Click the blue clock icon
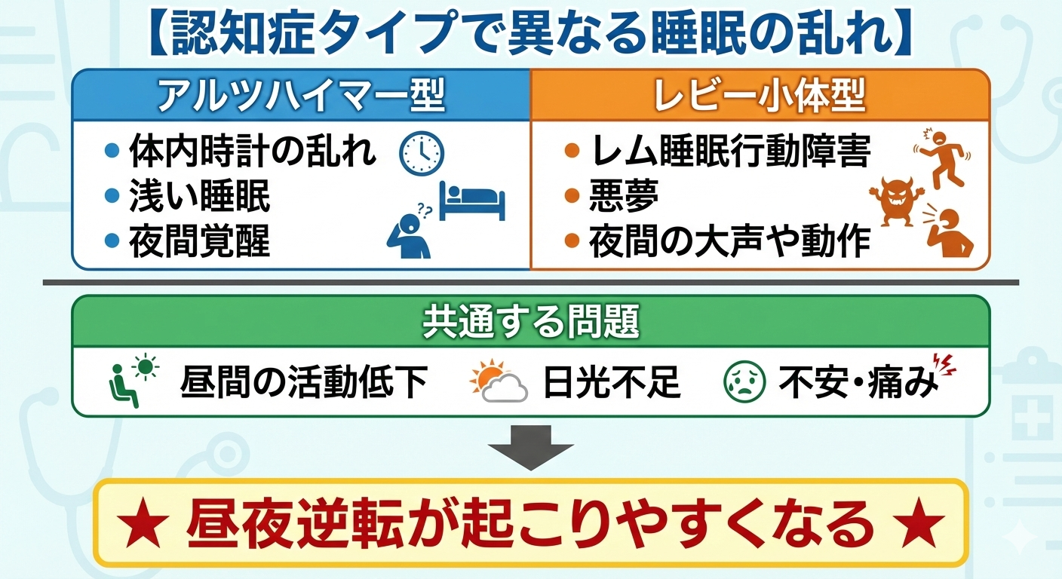(422, 153)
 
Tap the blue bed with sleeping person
(472, 201)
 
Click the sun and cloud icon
(498, 383)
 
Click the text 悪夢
(624, 197)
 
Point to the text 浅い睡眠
(199, 197)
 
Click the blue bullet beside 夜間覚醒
(112, 242)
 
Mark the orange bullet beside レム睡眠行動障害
(572, 152)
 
